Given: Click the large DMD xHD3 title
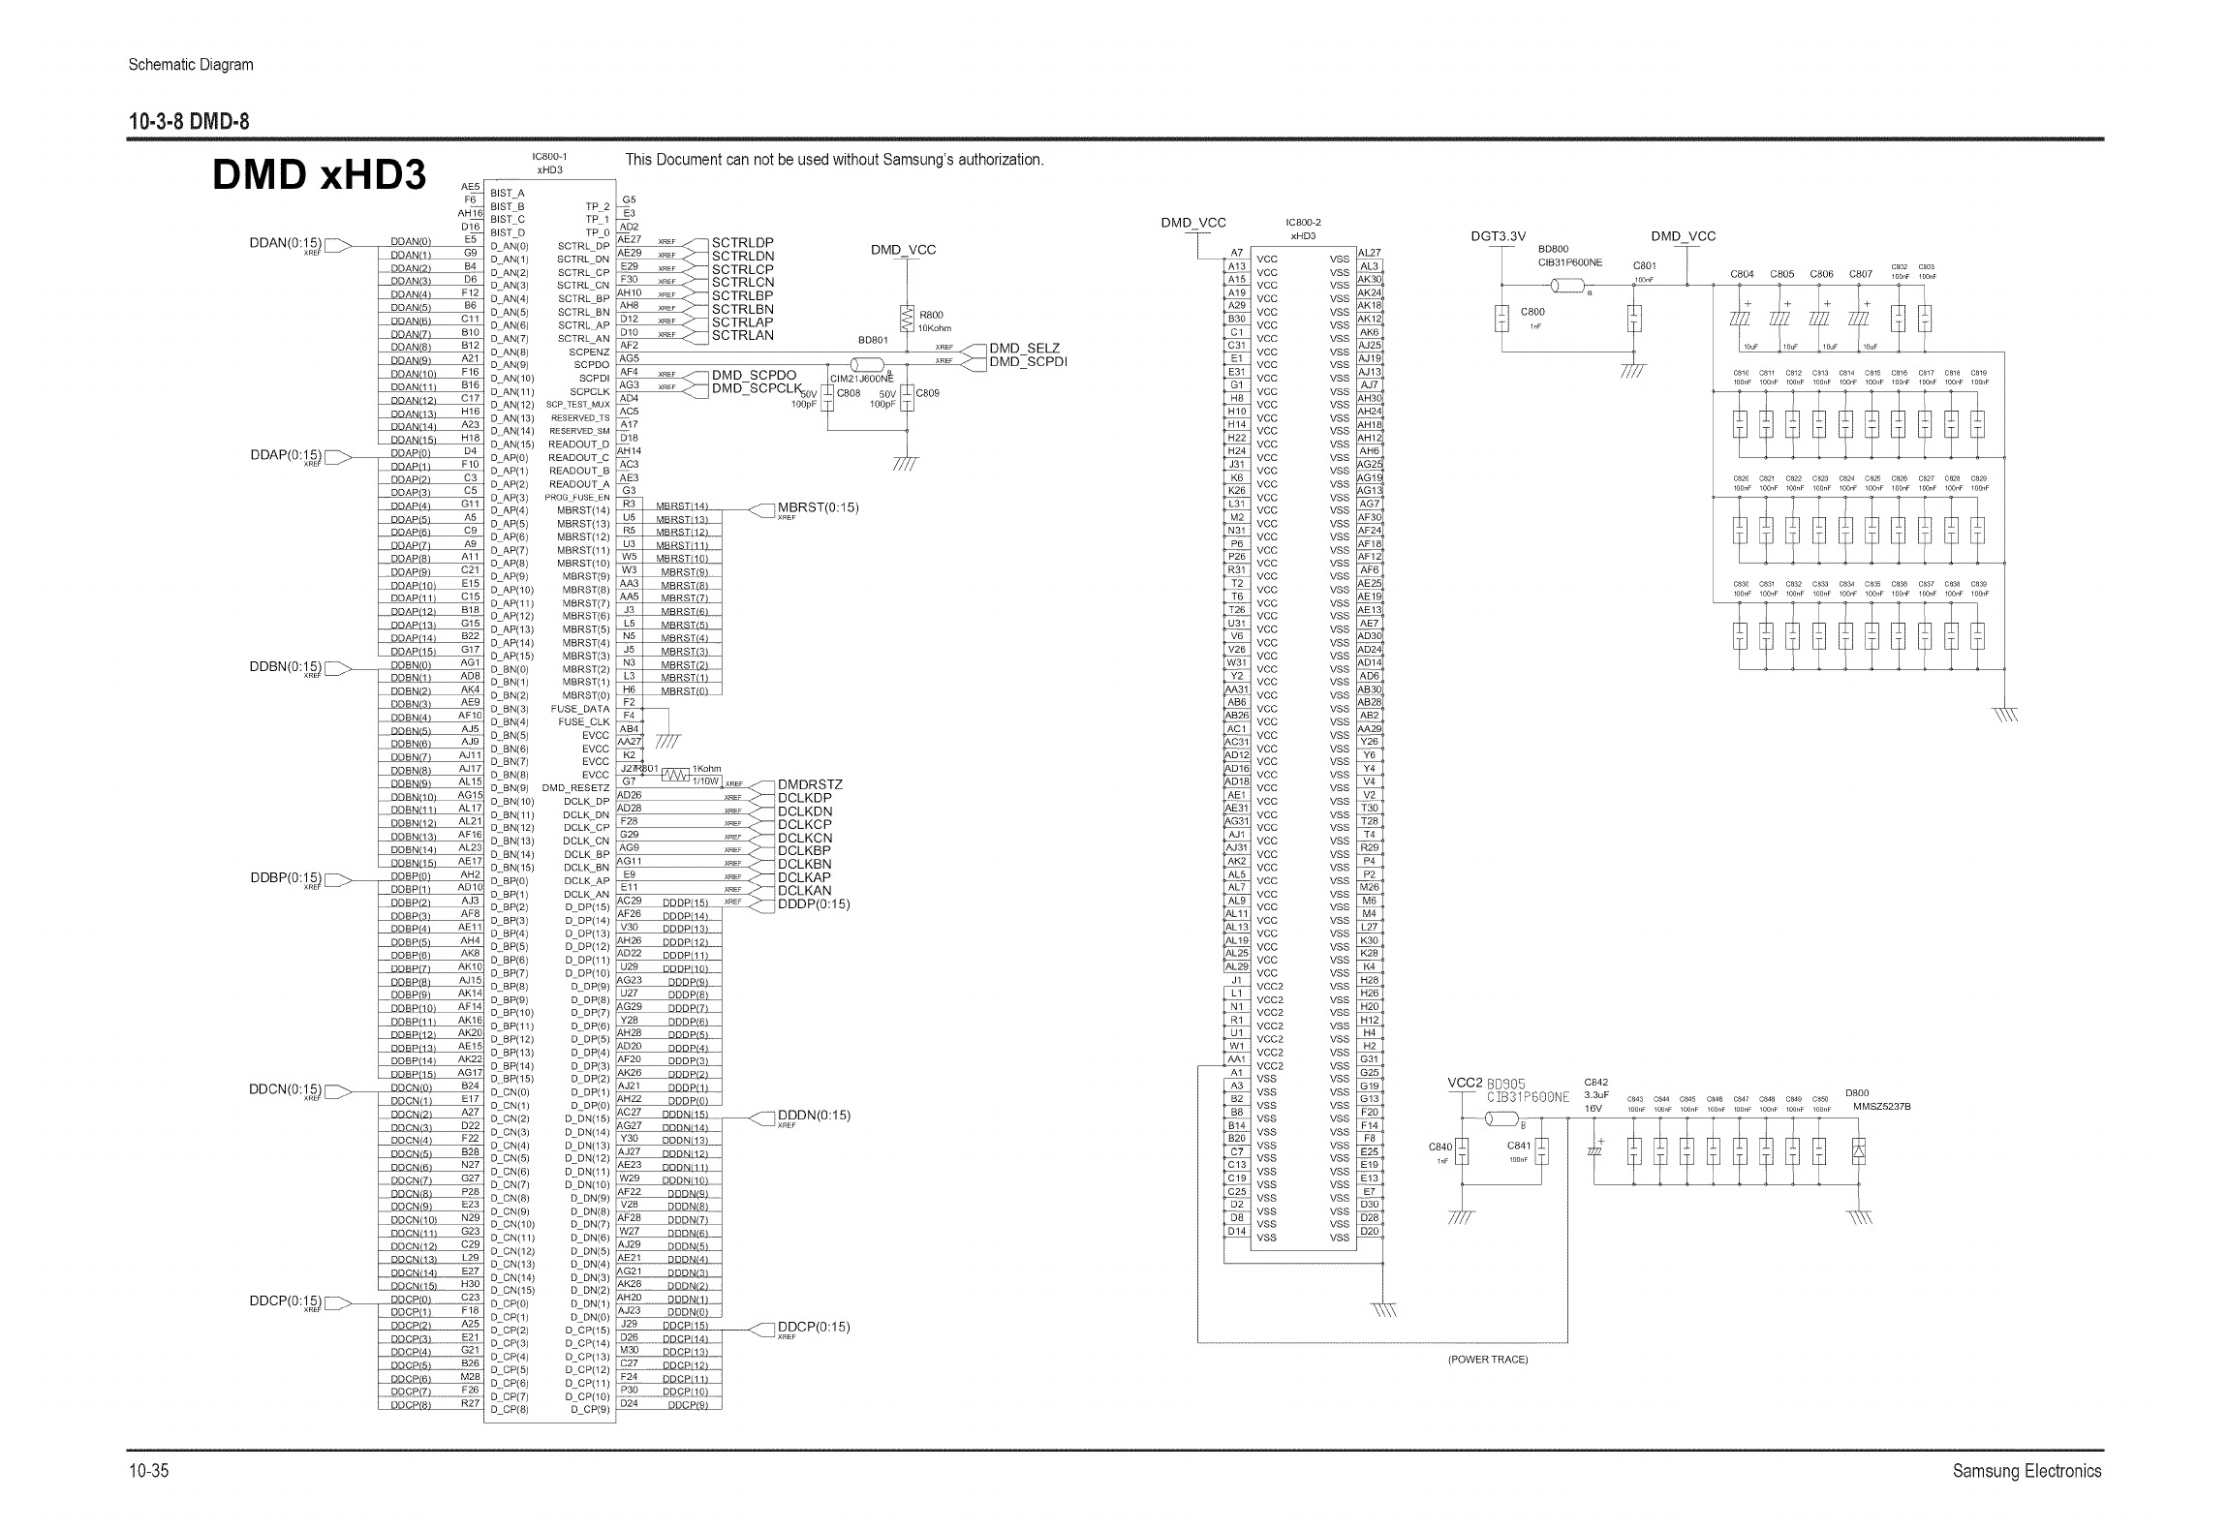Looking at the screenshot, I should click(x=319, y=174).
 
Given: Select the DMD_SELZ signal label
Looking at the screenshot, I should click(x=1025, y=348).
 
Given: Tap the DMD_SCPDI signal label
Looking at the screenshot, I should click(x=1028, y=361).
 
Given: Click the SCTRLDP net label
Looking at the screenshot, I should click(x=743, y=242).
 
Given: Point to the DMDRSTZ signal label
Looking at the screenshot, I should click(x=811, y=784).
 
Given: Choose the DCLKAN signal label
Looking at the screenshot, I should click(x=805, y=891).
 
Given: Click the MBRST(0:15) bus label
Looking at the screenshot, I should click(x=819, y=507).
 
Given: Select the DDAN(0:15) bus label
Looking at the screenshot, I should click(x=285, y=243).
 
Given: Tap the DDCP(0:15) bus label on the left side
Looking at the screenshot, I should click(x=285, y=1300).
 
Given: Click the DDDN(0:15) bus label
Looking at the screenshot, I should click(x=814, y=1115).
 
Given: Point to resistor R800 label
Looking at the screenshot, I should click(x=931, y=315).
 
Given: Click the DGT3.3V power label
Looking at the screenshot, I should click(x=1498, y=236).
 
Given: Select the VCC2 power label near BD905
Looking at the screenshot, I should click(x=1465, y=1083).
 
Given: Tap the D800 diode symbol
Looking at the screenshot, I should click(x=1858, y=1151).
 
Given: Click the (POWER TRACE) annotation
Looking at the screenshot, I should click(x=1488, y=1360).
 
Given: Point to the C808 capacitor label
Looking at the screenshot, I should click(x=849, y=393).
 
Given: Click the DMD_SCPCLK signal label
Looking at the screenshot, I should click(x=758, y=388).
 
